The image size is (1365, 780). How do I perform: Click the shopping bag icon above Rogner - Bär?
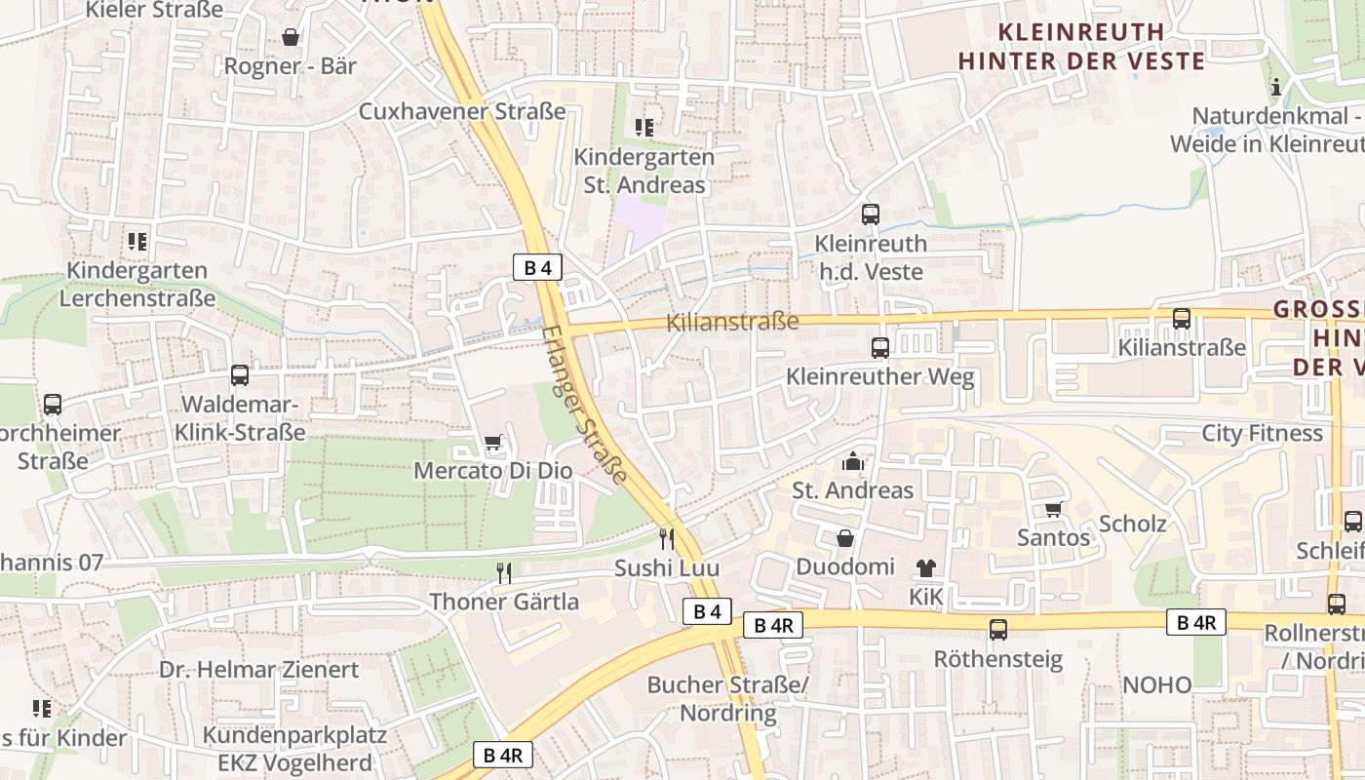point(291,38)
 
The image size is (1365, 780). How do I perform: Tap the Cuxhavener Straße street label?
point(462,111)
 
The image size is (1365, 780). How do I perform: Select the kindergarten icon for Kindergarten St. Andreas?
point(643,127)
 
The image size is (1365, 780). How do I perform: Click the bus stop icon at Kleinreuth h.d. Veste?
point(871,214)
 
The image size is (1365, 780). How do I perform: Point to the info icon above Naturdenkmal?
point(1275,88)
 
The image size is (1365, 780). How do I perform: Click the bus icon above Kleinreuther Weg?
point(880,347)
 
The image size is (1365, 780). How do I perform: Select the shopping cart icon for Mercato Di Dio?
point(493,443)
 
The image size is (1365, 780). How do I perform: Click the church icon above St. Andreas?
point(853,461)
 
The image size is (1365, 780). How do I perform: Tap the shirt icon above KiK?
point(925,567)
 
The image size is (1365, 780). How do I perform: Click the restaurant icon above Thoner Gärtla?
point(504,573)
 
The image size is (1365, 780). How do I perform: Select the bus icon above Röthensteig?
point(998,630)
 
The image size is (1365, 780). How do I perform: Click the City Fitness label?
point(1262,433)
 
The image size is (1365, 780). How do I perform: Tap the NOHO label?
point(1156,684)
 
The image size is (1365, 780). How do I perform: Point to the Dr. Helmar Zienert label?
point(259,670)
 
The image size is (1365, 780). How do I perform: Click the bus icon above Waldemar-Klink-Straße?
point(240,375)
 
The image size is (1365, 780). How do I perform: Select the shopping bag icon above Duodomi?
point(845,538)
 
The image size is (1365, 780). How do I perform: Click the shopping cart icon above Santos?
point(1053,509)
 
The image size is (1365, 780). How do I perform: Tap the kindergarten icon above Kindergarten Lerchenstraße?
point(137,241)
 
